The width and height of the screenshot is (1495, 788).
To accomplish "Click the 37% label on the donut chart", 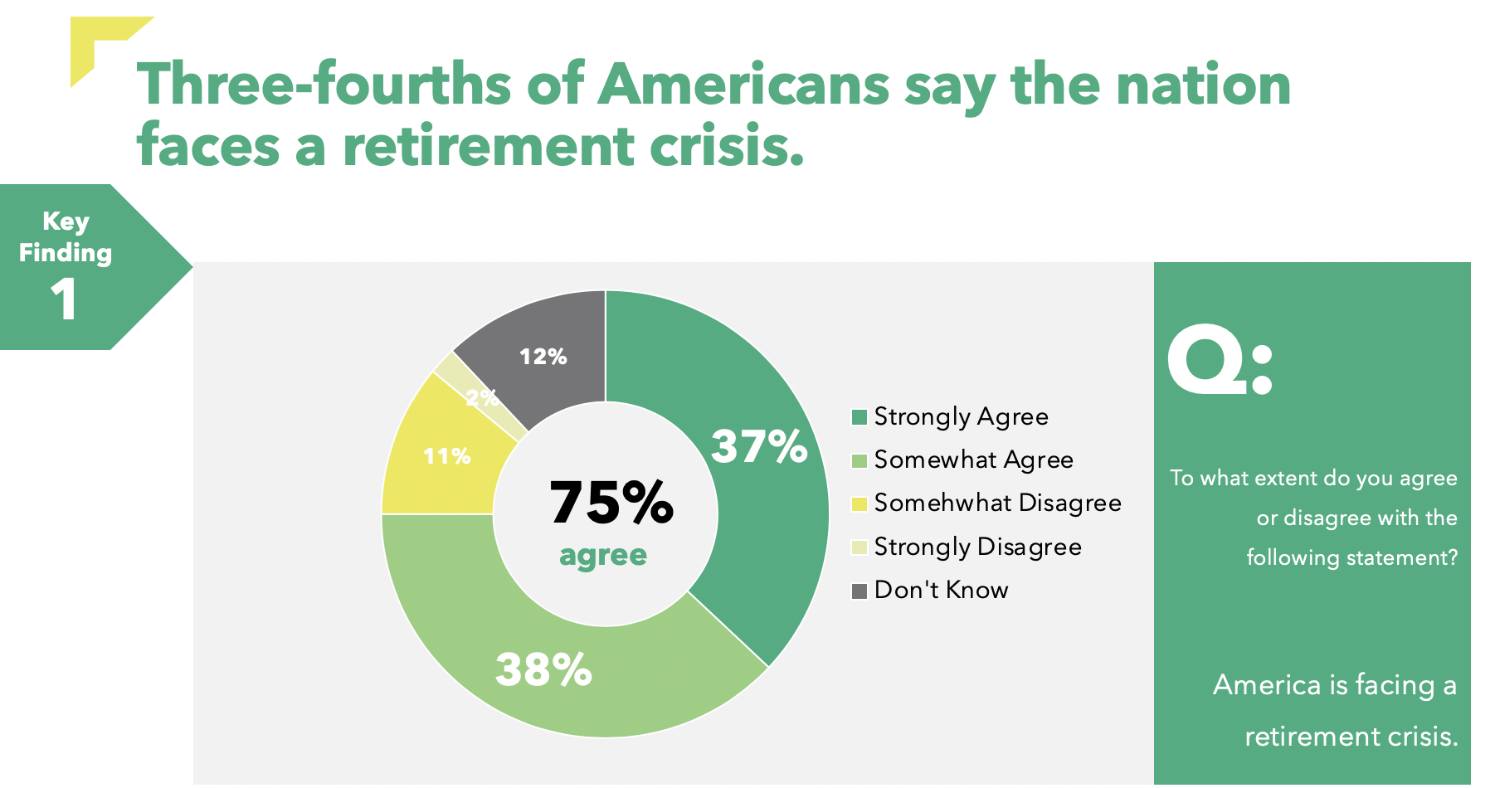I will [759, 446].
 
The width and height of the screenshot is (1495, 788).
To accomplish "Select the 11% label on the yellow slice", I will [447, 456].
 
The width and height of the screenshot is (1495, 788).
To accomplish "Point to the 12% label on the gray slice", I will [543, 357].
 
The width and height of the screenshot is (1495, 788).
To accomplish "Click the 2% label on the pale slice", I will [482, 399].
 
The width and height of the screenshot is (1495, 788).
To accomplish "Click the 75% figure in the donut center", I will [611, 503].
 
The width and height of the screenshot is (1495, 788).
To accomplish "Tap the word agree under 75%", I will [603, 555].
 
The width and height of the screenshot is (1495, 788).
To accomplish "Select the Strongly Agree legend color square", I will [860, 417].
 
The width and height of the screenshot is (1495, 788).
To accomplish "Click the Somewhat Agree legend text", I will [973, 460].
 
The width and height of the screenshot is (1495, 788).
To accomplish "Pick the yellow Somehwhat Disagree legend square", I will [860, 503].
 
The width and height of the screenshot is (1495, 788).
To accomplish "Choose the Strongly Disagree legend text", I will [977, 547].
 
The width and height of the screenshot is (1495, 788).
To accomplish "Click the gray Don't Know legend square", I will [860, 591].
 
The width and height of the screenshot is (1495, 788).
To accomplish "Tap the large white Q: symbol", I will [1219, 362].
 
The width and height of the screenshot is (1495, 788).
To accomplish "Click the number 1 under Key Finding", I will [64, 299].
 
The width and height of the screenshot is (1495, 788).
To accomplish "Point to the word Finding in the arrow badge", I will [66, 253].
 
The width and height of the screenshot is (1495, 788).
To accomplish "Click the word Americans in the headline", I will [743, 85].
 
